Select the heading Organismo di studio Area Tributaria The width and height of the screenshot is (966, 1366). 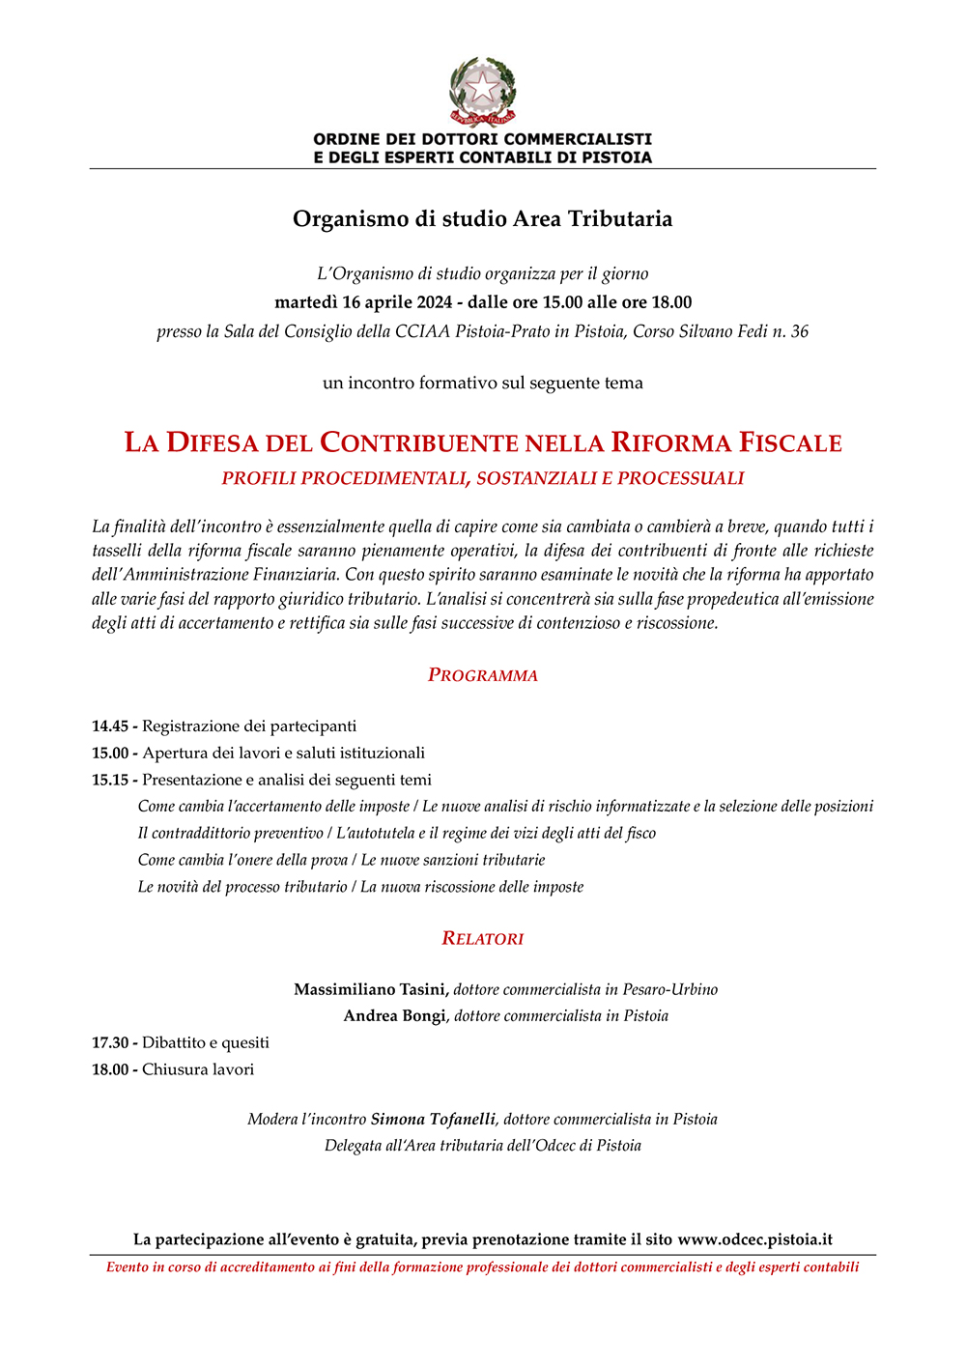pos(482,219)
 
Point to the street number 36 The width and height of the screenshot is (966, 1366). pos(799,331)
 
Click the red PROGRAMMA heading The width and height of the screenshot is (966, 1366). pos(482,675)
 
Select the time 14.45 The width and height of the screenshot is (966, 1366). pos(110,726)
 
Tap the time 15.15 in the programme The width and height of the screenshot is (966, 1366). pos(110,780)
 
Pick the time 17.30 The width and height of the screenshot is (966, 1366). pos(110,1042)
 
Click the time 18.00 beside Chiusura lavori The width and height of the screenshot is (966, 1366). pos(110,1069)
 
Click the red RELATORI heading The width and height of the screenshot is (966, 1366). pos(482,938)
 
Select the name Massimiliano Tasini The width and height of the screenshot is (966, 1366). pos(370,989)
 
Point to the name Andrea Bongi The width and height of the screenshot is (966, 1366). pos(395,1015)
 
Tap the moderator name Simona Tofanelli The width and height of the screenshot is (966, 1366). pos(433,1119)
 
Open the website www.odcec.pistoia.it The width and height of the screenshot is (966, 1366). pos(754,1239)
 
